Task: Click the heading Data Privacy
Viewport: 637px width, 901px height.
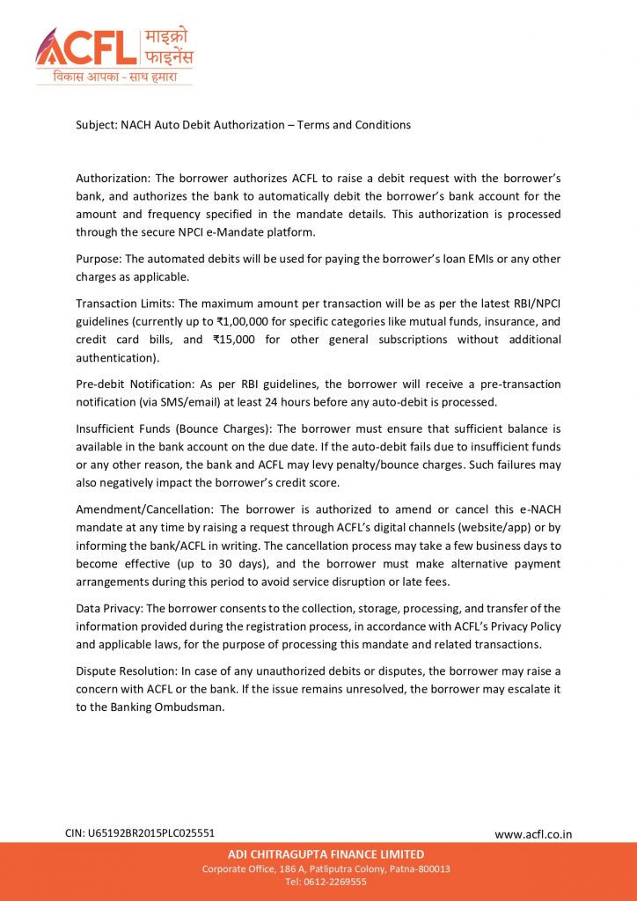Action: pyautogui.click(x=109, y=608)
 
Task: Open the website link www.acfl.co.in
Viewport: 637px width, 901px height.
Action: pyautogui.click(x=532, y=834)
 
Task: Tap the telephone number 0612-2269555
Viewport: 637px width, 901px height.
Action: pyautogui.click(x=337, y=882)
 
